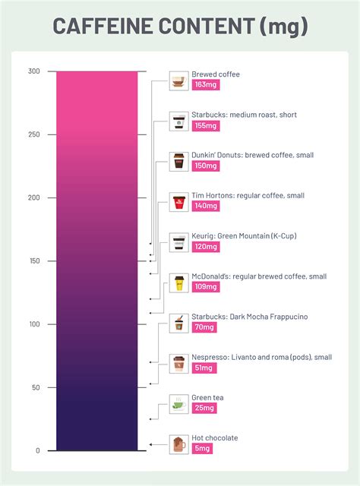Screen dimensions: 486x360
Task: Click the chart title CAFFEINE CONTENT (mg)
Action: [x=180, y=27]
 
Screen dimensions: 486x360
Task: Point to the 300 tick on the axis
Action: [x=33, y=71]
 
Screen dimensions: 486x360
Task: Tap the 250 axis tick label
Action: [x=33, y=134]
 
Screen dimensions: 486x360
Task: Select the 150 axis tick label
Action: [x=33, y=261]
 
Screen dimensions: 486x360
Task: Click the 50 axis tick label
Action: [x=35, y=387]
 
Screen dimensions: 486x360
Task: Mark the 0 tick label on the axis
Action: [x=37, y=451]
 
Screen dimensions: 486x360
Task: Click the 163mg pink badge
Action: [x=205, y=85]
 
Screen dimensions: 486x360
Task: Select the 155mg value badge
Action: [x=205, y=126]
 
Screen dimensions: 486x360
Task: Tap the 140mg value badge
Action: [x=205, y=206]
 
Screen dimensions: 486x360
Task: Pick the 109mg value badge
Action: [x=205, y=287]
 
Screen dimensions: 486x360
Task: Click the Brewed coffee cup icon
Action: [x=178, y=80]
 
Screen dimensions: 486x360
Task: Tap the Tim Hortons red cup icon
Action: [x=178, y=201]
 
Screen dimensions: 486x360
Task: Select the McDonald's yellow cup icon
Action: [x=178, y=282]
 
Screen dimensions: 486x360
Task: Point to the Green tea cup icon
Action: [x=178, y=403]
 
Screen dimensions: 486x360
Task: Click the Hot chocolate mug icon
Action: [x=178, y=443]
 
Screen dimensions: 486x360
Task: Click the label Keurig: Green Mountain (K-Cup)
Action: [x=244, y=235]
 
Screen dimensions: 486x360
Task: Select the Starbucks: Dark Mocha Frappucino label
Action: [x=250, y=316]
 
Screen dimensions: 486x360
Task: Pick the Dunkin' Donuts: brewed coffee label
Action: [x=253, y=155]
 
